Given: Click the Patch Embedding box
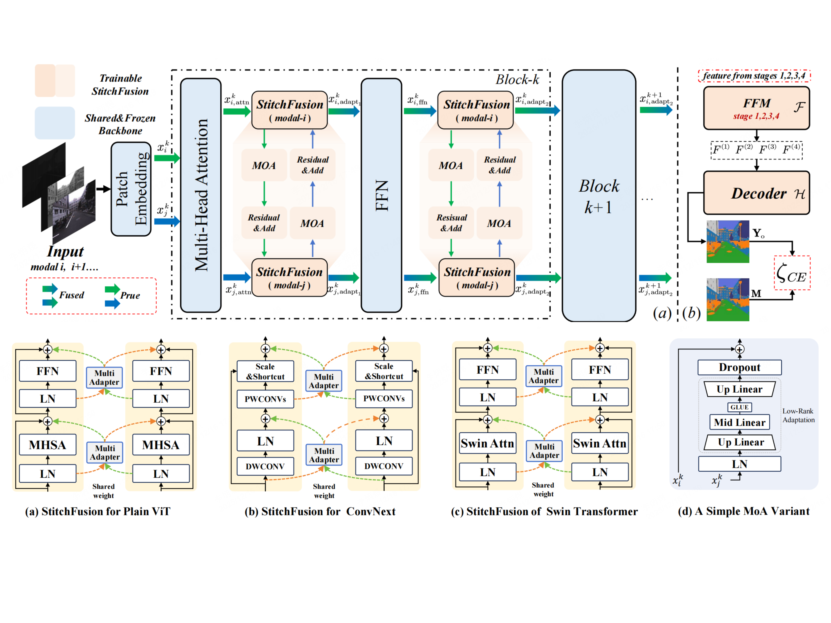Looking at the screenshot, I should [x=131, y=189].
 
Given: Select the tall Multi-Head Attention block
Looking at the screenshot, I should [x=201, y=195].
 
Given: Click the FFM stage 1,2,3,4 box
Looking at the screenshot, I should [x=756, y=108].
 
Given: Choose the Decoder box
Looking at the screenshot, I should [x=756, y=193].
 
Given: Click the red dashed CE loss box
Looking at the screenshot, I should [x=792, y=273].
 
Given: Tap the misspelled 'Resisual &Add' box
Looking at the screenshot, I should [x=451, y=223].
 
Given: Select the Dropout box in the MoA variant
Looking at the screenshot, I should [x=739, y=367].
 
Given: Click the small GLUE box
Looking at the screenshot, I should [x=739, y=407].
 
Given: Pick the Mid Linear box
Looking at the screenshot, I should [x=739, y=422].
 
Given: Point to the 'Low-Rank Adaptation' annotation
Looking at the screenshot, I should [x=798, y=415].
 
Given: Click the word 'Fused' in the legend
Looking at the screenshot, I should [x=71, y=295].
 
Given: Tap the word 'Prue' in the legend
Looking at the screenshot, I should [x=130, y=296].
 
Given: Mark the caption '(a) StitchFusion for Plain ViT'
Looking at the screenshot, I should [x=98, y=511].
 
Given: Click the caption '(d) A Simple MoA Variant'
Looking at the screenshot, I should [x=743, y=511].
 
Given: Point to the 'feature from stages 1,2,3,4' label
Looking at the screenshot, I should [x=754, y=76].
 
